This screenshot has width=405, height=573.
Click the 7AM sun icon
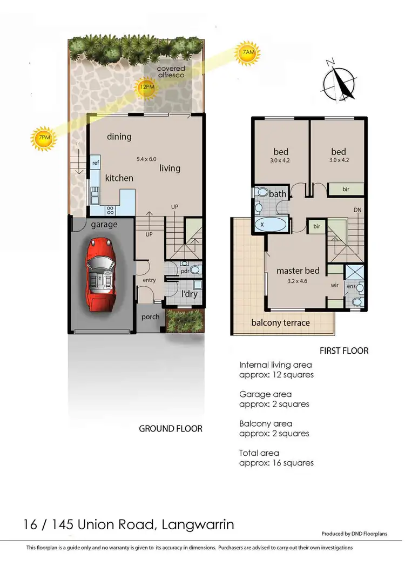(248, 52)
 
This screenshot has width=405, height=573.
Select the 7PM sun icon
(44, 138)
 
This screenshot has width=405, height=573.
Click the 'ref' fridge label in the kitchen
(96, 163)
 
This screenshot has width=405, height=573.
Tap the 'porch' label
(151, 316)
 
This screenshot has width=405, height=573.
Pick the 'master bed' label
(298, 271)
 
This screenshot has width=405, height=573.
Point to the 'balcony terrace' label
(281, 322)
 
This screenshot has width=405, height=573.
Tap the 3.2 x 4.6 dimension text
(298, 281)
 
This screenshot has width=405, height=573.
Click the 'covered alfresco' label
(171, 72)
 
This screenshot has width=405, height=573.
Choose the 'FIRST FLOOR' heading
(344, 351)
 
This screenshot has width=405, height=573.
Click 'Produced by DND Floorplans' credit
(362, 534)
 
